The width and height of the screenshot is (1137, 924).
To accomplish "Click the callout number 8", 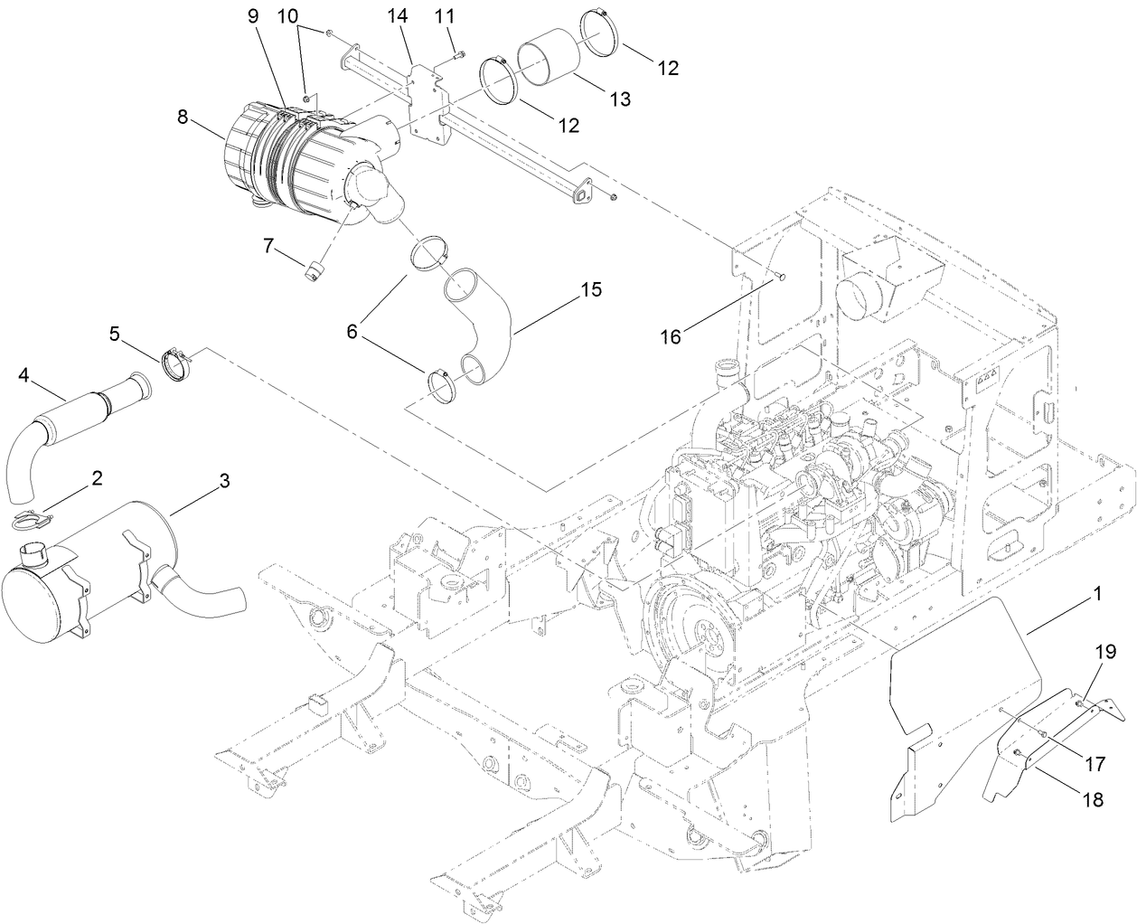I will [x=183, y=117].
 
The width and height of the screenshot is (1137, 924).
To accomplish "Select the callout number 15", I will [x=590, y=289].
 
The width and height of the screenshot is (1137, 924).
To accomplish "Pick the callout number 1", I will [x=1096, y=594].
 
